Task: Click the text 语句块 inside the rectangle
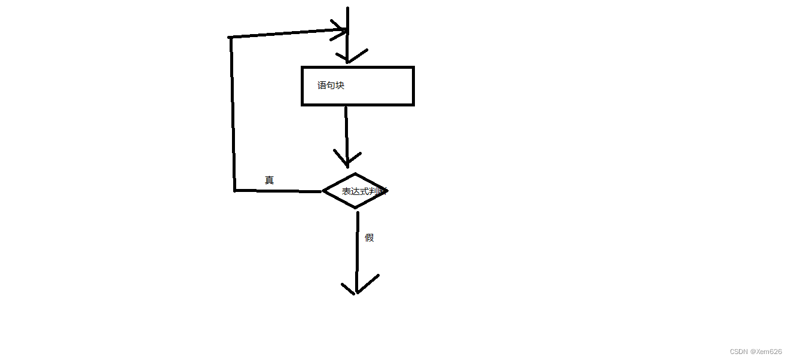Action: click(x=331, y=86)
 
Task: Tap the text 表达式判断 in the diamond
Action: click(x=364, y=191)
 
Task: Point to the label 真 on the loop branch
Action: click(x=269, y=180)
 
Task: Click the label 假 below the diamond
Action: click(x=369, y=237)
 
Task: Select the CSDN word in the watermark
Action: click(x=739, y=352)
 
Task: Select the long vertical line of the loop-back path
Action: click(x=232, y=114)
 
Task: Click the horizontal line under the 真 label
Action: click(x=278, y=191)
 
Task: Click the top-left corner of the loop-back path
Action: click(x=230, y=38)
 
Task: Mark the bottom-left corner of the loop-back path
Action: click(x=235, y=190)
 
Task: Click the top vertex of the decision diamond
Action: click(x=356, y=174)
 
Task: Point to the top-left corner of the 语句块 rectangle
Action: click(x=303, y=68)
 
